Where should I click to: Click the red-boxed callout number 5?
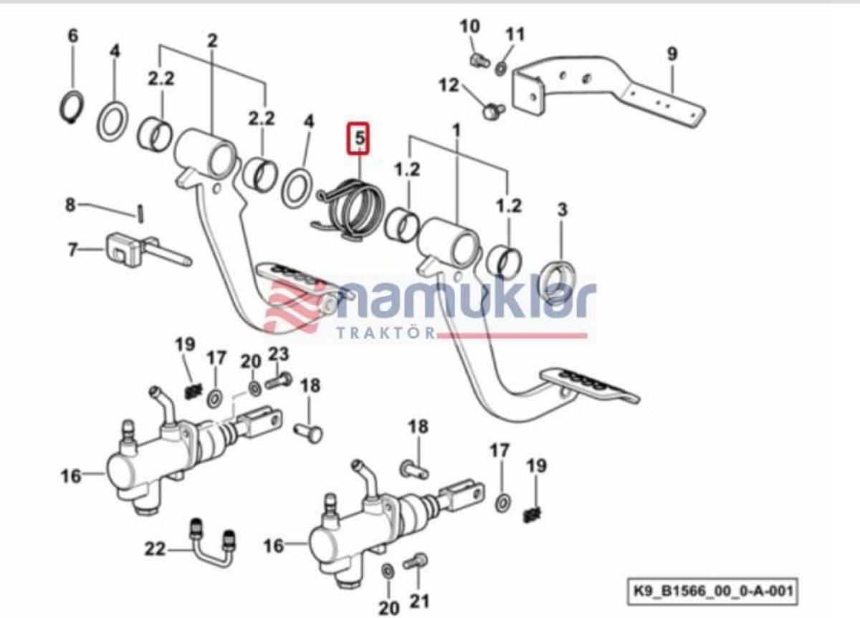(358, 138)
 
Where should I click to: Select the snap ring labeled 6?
(72, 108)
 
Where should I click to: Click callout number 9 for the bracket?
(672, 54)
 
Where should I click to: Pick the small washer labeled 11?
(501, 69)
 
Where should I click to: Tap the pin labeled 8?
(140, 213)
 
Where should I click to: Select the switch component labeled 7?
(146, 250)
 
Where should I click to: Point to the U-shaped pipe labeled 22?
(212, 549)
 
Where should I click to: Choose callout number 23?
(278, 354)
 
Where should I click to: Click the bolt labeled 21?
(416, 562)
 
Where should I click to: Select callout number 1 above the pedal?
(456, 131)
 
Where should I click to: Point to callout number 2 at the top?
(212, 40)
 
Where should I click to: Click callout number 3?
(562, 209)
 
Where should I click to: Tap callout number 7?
(72, 250)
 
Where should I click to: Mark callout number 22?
(155, 549)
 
